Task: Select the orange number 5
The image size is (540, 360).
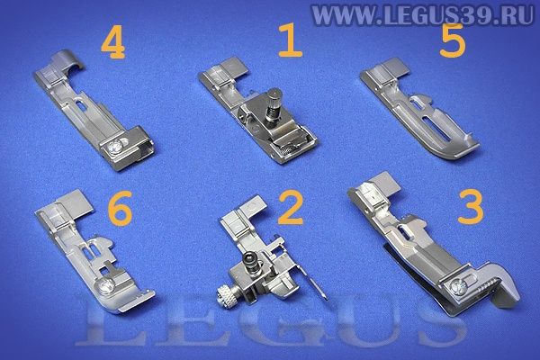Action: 453,41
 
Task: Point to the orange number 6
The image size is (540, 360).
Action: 120,209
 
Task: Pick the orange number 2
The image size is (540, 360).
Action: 291,207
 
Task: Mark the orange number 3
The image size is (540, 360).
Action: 471,207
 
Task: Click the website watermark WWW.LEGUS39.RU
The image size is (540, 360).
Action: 422,14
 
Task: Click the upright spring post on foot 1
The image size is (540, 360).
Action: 273,103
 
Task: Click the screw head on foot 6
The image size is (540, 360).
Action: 105,287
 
